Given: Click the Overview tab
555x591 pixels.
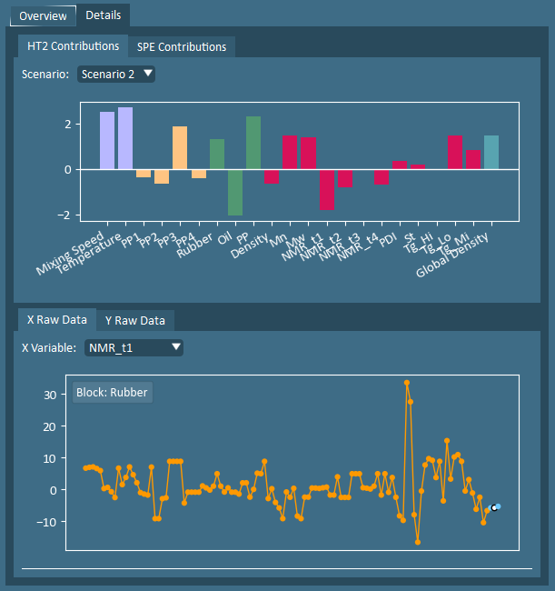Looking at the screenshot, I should (43, 15).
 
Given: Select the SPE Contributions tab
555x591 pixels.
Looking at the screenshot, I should (183, 46).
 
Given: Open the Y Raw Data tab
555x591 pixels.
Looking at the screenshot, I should (134, 320).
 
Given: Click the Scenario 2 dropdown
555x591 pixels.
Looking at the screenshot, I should (116, 75).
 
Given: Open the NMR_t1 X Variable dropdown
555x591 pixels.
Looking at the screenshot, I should (134, 347).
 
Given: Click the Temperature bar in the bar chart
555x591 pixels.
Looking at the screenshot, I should (125, 138).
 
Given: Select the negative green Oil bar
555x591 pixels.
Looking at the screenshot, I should (235, 192).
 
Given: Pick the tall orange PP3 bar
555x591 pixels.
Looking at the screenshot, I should (180, 148).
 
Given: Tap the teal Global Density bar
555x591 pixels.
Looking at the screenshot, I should (491, 152).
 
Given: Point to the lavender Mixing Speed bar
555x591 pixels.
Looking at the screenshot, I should (107, 140).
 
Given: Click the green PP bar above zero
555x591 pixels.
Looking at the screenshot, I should (253, 143).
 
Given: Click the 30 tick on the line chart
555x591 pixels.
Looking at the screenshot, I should (51, 395).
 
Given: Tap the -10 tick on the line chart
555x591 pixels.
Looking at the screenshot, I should (49, 522).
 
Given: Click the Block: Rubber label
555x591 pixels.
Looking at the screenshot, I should (112, 393).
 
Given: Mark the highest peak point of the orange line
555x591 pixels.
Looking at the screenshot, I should (407, 383).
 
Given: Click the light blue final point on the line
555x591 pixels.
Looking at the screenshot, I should (497, 506).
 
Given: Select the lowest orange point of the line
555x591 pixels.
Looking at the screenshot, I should (418, 542).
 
